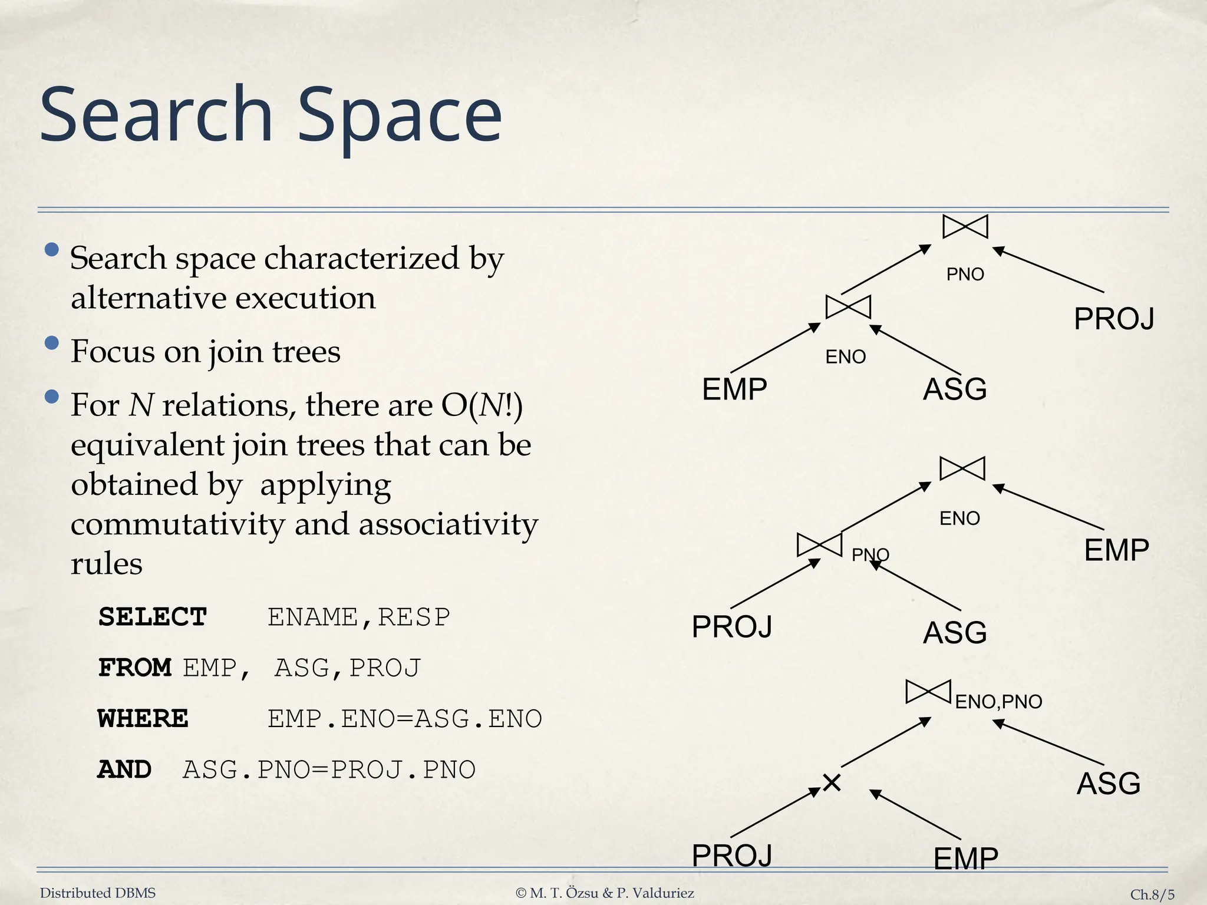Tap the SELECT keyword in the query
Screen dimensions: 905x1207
coord(152,617)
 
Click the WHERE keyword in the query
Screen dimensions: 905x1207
coord(143,718)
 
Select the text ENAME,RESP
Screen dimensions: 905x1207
coord(358,617)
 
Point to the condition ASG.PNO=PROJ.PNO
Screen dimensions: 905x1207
coord(329,769)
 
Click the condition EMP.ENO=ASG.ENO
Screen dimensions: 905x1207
coord(404,718)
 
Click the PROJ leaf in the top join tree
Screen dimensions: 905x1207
coord(1113,319)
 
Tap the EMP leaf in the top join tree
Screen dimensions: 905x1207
coord(734,389)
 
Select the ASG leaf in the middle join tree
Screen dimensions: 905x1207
coord(955,633)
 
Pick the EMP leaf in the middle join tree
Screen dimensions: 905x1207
coord(1116,550)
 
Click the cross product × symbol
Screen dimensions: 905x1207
coord(832,783)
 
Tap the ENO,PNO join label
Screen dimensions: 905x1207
coord(998,702)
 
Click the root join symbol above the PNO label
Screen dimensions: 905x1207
coord(965,227)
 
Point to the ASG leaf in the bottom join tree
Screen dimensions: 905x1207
coord(1108,784)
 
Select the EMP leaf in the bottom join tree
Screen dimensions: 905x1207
coord(965,858)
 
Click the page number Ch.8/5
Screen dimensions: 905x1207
coord(1152,894)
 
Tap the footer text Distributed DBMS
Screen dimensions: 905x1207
coord(98,893)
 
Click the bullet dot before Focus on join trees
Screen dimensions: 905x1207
coord(52,343)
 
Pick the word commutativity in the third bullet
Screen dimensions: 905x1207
coord(177,524)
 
